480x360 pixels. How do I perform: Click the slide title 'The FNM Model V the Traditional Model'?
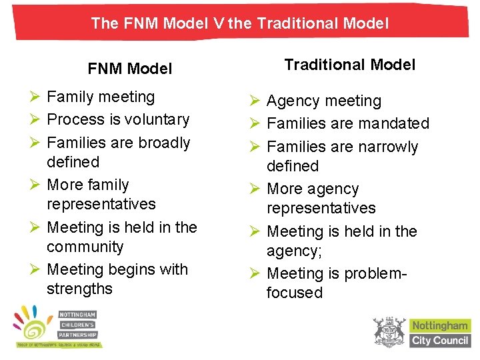(239, 24)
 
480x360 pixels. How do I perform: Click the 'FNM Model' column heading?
(130, 69)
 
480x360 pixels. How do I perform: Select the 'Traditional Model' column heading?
(349, 65)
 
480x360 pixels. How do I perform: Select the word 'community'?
(85, 247)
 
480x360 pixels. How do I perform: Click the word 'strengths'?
(79, 289)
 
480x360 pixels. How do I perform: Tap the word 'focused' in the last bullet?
(294, 293)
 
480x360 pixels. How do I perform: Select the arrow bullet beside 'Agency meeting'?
(255, 101)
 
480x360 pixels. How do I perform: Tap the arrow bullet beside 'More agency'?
(255, 189)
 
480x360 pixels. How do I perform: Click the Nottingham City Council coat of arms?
(389, 331)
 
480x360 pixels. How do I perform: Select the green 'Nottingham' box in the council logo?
(440, 326)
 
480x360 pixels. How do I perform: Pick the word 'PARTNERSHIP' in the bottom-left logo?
(78, 335)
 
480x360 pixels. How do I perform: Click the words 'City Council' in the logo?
(440, 341)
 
